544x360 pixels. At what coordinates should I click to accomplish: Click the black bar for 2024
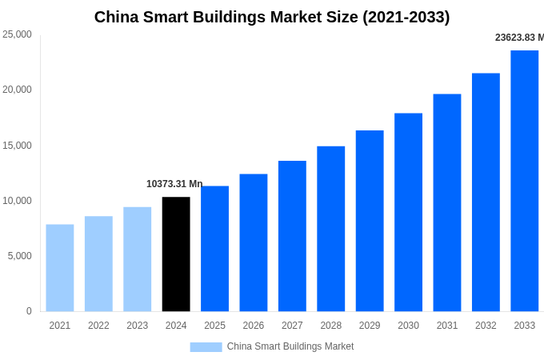pyautogui.click(x=176, y=254)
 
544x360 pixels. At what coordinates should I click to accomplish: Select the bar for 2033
pyautogui.click(x=524, y=181)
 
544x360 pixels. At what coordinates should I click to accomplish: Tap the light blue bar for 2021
pyautogui.click(x=60, y=267)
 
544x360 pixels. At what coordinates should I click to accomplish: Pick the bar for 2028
pyautogui.click(x=330, y=229)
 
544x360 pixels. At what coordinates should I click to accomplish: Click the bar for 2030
pyautogui.click(x=408, y=212)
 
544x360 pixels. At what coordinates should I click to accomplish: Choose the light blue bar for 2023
pyautogui.click(x=137, y=259)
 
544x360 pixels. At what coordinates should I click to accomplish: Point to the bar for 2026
pyautogui.click(x=254, y=242)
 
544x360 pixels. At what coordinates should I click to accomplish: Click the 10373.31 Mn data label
pyautogui.click(x=174, y=184)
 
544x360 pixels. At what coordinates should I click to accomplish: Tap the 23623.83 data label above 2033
pyautogui.click(x=519, y=38)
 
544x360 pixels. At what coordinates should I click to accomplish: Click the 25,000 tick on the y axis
pyautogui.click(x=17, y=34)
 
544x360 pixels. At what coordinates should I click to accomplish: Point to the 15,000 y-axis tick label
pyautogui.click(x=17, y=145)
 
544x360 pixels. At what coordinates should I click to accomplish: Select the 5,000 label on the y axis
pyautogui.click(x=19, y=256)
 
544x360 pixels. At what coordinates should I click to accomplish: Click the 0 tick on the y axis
pyautogui.click(x=29, y=311)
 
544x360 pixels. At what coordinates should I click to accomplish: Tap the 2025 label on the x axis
pyautogui.click(x=214, y=326)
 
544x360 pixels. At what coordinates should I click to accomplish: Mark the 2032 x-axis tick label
pyautogui.click(x=486, y=326)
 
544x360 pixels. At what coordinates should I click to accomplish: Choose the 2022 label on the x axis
pyautogui.click(x=98, y=326)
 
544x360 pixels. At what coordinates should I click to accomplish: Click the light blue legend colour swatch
pyautogui.click(x=206, y=347)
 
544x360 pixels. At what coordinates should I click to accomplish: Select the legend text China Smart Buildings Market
pyautogui.click(x=290, y=346)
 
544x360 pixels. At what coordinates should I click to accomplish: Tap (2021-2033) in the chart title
pyautogui.click(x=406, y=17)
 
